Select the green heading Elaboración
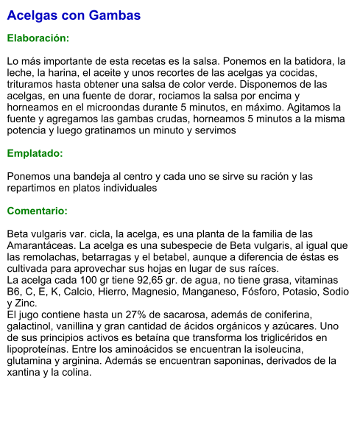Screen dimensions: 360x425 point(38,38)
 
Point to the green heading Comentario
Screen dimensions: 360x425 point(38,211)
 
